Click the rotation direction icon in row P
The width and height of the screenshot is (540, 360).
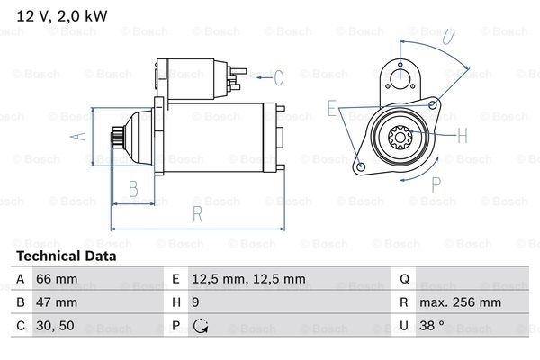(202, 326)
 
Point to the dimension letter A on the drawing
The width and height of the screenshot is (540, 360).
(79, 136)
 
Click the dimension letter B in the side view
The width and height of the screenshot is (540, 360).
(132, 189)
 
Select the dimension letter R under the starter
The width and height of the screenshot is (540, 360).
(195, 214)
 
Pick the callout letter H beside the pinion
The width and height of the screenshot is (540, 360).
(463, 137)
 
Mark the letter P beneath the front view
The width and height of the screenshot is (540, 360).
(436, 184)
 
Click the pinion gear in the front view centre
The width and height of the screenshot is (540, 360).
(400, 138)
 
